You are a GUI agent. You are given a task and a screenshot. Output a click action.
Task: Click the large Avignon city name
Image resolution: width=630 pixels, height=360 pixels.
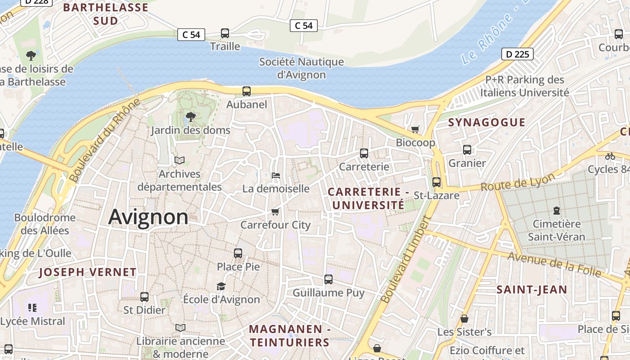pyautogui.click(x=148, y=217)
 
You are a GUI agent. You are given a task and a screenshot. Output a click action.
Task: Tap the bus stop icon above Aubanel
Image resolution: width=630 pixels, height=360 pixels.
pyautogui.click(x=247, y=91)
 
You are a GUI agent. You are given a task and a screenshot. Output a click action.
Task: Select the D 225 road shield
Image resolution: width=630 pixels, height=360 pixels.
pyautogui.click(x=517, y=54)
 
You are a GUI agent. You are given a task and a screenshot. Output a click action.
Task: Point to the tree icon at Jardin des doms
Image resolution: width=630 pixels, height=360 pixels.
pyautogui.click(x=190, y=117)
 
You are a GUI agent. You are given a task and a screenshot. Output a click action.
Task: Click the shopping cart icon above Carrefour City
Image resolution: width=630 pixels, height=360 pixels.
pyautogui.click(x=275, y=211)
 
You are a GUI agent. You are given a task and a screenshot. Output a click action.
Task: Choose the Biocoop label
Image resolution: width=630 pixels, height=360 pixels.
pyautogui.click(x=415, y=143)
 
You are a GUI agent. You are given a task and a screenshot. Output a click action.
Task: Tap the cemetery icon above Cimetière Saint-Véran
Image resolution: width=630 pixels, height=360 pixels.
pyautogui.click(x=557, y=210)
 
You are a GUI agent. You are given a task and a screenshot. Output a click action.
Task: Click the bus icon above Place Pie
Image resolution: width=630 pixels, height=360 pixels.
pyautogui.click(x=238, y=253)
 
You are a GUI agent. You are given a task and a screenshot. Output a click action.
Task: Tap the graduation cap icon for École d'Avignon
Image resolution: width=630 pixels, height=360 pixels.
pyautogui.click(x=221, y=286)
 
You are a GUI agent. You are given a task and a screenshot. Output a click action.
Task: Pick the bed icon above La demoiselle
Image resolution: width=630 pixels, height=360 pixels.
pyautogui.click(x=276, y=175)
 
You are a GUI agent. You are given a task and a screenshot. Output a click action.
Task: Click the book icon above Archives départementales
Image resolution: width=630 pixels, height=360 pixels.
pyautogui.click(x=179, y=160)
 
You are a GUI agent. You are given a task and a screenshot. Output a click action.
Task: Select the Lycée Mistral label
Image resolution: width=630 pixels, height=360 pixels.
pyautogui.click(x=33, y=321)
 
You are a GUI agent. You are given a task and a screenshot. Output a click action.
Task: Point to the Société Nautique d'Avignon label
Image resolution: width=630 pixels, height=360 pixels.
pyautogui.click(x=301, y=68)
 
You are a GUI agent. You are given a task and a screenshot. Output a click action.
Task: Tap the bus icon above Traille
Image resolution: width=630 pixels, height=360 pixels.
pyautogui.click(x=225, y=33)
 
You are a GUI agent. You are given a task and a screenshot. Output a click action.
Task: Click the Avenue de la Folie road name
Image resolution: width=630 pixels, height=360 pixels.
pyautogui.click(x=554, y=264)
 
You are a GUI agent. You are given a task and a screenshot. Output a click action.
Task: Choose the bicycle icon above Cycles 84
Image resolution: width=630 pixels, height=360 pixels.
pyautogui.click(x=610, y=156)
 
